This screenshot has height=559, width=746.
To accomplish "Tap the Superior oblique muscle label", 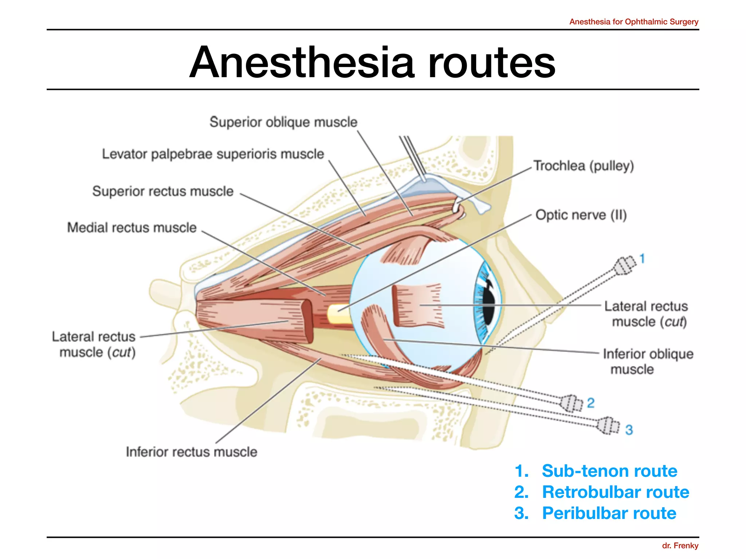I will click(283, 122).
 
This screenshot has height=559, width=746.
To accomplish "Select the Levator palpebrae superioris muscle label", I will click(213, 154).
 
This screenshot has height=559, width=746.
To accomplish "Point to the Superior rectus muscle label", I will click(163, 191).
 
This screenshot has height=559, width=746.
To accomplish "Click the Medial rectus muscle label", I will click(132, 228).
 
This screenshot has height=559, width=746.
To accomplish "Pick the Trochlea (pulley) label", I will click(584, 166).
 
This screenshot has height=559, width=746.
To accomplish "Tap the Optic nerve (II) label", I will click(581, 215).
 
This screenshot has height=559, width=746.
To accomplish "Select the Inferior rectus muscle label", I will click(192, 452).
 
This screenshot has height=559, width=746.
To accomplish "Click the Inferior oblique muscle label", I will click(648, 361).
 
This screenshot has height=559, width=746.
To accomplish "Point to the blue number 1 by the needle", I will click(642, 259).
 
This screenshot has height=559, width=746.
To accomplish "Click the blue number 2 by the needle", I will click(590, 403).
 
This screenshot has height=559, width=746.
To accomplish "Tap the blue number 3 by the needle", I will click(629, 430).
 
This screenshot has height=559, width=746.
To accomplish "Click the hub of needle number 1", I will click(624, 266).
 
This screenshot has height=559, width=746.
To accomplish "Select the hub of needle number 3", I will click(608, 425).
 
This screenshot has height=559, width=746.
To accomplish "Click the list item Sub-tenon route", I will click(609, 471).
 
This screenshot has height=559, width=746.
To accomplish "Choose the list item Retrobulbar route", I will click(615, 492).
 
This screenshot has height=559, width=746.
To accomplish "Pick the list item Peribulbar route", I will click(609, 513).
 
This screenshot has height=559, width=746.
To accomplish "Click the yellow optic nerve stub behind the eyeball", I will click(339, 314).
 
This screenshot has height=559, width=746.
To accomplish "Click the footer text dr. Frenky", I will click(680, 546).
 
